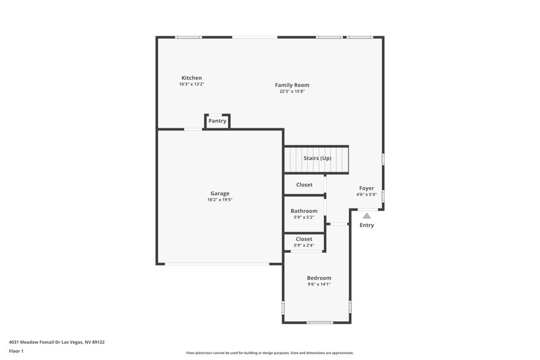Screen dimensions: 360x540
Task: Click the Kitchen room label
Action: [192, 78]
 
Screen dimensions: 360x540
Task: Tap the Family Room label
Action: [292, 85]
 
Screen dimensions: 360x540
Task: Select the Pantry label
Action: [217, 121]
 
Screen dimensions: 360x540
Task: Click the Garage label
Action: [219, 193]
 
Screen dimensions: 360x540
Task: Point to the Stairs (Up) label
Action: [317, 158]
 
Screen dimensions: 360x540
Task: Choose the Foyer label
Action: [367, 188]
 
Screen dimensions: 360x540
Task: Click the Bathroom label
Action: [304, 211]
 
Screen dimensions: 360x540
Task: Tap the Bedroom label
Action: [319, 278]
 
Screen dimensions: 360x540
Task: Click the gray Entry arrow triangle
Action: [367, 216]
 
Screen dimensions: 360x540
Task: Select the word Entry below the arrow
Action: [367, 226]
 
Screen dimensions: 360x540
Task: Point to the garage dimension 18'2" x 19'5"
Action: [219, 200]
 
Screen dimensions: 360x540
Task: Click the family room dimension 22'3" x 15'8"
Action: [292, 91]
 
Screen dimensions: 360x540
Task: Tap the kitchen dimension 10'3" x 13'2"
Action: [192, 84]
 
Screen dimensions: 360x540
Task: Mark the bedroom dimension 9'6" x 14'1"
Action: [319, 284]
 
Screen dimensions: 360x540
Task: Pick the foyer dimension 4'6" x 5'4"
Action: [367, 195]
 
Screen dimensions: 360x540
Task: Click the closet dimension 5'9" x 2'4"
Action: [304, 245]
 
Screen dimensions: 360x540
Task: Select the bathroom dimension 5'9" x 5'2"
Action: [304, 217]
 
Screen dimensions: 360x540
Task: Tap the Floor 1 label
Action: [16, 352]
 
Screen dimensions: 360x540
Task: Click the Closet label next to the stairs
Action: [304, 184]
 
